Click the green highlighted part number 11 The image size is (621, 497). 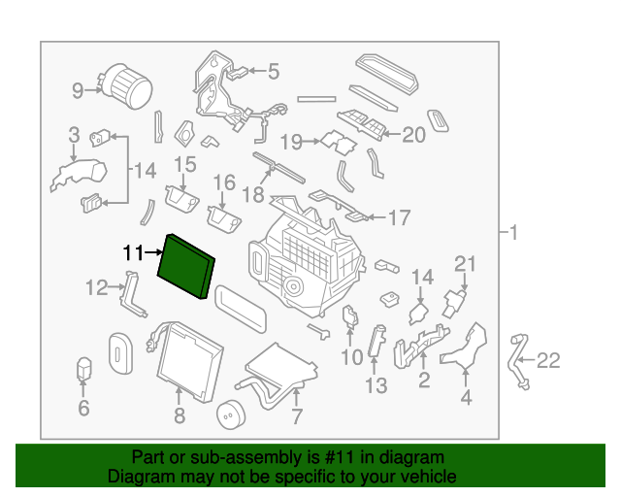[186, 266]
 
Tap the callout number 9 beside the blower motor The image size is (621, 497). [78, 90]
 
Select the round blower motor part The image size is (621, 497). [126, 86]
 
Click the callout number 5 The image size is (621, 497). [274, 71]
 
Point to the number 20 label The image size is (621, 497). [413, 135]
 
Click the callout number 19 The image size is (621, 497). [291, 142]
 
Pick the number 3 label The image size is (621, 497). [74, 135]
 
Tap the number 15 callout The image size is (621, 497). [185, 164]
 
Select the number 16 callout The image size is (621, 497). [224, 182]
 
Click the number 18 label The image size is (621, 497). [253, 195]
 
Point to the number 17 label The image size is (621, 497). [399, 217]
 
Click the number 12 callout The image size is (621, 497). [97, 287]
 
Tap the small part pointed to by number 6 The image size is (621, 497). [84, 369]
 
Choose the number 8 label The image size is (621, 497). [180, 415]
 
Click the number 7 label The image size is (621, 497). [297, 416]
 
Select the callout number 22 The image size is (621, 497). [548, 361]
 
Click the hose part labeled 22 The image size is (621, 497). [517, 361]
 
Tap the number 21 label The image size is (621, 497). [465, 264]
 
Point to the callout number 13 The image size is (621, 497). [376, 385]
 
